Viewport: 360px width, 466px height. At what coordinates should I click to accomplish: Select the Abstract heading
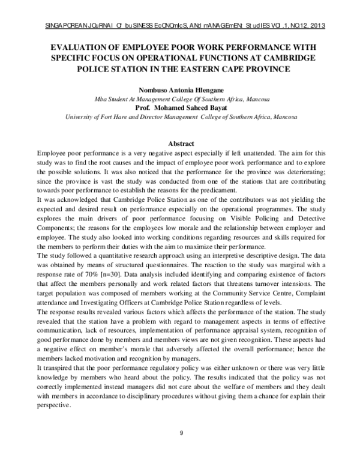coord(181,144)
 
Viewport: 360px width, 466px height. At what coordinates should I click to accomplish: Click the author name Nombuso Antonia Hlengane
coord(181,88)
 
